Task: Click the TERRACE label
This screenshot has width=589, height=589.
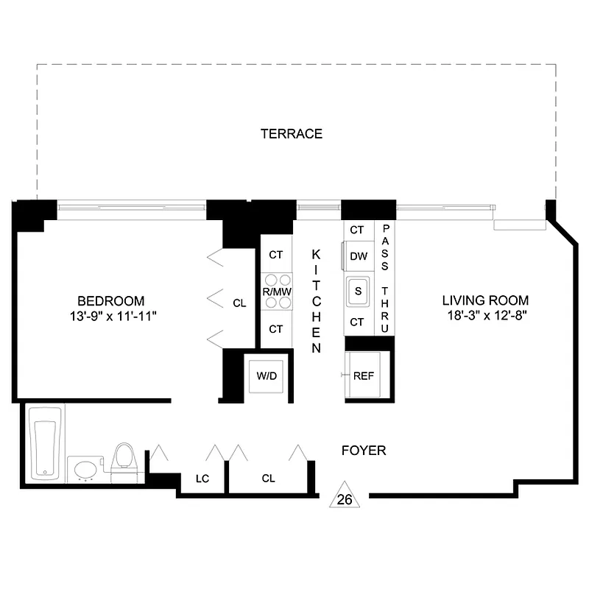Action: click(292, 133)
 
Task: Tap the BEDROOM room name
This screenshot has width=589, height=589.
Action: click(111, 301)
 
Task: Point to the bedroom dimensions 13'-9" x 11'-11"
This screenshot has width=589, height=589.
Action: click(111, 316)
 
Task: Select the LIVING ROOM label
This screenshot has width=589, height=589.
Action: click(485, 300)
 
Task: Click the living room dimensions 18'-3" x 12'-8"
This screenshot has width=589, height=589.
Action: click(485, 315)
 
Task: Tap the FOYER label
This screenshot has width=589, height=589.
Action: click(364, 450)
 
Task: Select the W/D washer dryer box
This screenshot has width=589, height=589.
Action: click(267, 376)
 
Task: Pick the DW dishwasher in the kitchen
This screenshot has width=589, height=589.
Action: click(358, 256)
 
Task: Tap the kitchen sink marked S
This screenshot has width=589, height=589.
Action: click(358, 289)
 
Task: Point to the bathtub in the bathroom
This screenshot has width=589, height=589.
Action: click(45, 448)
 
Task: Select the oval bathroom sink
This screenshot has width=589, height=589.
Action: click(85, 470)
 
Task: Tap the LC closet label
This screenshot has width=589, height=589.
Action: click(202, 479)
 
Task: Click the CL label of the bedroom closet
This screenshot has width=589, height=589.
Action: click(239, 303)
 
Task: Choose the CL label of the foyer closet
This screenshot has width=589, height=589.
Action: click(268, 479)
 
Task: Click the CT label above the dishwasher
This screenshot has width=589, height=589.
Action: click(357, 230)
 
